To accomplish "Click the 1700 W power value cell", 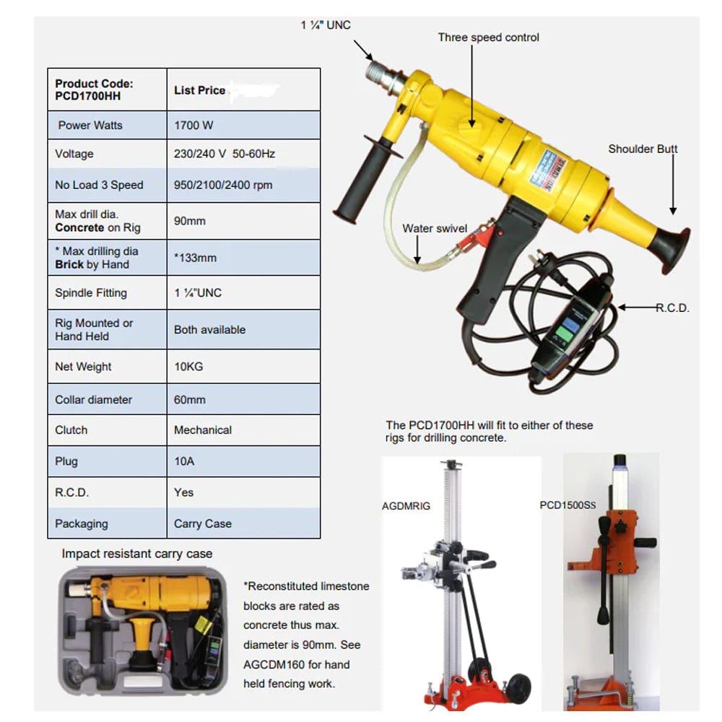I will [x=193, y=125].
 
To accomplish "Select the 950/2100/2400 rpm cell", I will [x=223, y=185].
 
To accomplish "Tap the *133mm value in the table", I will [x=195, y=258].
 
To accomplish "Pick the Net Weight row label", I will [x=83, y=367].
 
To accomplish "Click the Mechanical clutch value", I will [x=203, y=430].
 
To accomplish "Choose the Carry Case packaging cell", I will [x=203, y=523].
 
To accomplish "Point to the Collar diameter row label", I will [x=93, y=399].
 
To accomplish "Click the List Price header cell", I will [x=200, y=91].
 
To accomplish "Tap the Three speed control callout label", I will [x=488, y=38].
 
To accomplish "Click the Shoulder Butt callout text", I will [x=643, y=149].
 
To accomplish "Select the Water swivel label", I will [x=435, y=229].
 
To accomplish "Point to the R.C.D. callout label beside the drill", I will [x=672, y=308].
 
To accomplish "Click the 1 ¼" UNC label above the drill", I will [x=325, y=25].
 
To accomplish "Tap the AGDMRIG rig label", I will [x=406, y=506].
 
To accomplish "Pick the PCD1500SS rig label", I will [x=568, y=505].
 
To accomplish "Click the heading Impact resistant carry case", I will [x=137, y=554].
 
